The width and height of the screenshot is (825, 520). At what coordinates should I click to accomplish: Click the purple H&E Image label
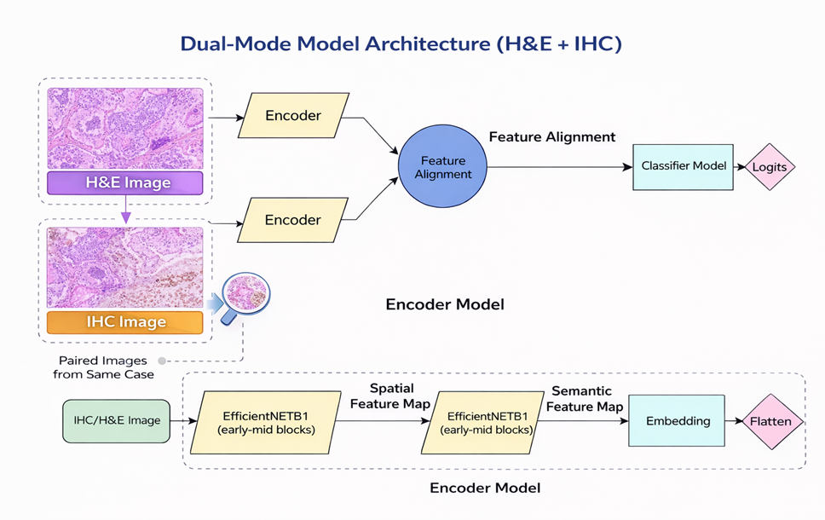[x=124, y=182]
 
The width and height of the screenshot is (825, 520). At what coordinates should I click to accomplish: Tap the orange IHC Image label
[x=124, y=322]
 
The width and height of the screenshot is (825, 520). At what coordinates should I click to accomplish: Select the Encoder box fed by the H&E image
[x=293, y=116]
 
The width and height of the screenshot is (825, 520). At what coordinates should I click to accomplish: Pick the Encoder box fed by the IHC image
[x=293, y=220]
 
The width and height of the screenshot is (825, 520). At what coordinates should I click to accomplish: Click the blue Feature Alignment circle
[x=443, y=167]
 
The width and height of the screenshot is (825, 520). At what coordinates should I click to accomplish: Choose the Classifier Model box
[x=684, y=166]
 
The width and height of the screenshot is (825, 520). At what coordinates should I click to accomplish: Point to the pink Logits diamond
[x=769, y=167]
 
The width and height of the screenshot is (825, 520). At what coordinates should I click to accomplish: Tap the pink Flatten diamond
[x=770, y=421]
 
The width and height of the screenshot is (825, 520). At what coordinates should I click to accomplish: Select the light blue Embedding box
[x=677, y=421]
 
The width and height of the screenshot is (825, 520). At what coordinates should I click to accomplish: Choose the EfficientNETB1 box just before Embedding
[x=483, y=422]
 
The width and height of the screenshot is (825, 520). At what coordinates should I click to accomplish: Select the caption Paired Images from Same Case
[x=104, y=367]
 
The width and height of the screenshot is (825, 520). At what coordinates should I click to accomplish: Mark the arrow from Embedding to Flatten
[x=735, y=421]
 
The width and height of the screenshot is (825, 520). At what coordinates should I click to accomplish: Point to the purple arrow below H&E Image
[x=126, y=211]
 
